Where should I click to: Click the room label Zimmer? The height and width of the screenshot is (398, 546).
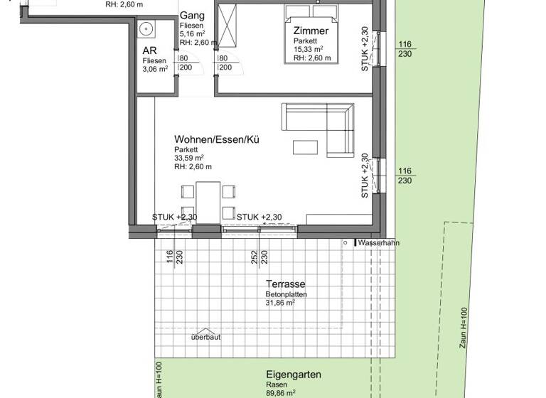click(x=311, y=31)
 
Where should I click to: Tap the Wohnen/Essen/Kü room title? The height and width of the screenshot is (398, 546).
click(x=217, y=140)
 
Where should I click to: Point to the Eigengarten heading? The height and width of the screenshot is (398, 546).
click(x=294, y=375)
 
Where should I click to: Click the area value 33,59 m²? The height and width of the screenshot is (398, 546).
click(x=189, y=158)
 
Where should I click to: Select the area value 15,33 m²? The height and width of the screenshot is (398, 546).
click(x=309, y=50)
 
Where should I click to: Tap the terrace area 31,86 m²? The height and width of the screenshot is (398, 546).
click(x=279, y=302)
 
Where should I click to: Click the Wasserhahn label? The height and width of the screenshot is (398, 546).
click(x=379, y=243)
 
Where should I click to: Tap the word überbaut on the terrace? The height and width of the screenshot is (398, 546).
click(x=205, y=337)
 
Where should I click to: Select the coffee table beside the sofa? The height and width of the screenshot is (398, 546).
click(x=306, y=147)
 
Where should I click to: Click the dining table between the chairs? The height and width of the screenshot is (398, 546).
click(x=208, y=200)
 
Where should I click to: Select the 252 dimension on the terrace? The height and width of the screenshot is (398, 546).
click(x=254, y=257)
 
